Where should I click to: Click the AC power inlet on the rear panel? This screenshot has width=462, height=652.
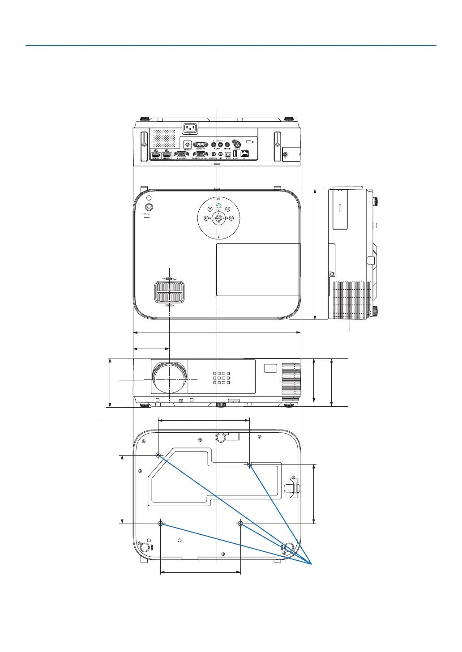pos(189,129)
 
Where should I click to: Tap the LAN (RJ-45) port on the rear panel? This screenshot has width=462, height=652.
pos(245,153)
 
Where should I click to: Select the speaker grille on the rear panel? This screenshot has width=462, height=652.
pos(164,138)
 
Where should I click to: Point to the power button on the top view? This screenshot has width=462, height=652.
pos(149,207)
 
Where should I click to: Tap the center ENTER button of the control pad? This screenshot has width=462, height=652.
pos(218,218)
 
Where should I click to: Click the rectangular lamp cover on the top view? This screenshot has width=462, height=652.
pos(258,269)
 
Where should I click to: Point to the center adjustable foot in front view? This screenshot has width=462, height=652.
pos(221,405)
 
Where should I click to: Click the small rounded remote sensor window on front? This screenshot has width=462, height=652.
pos(271,368)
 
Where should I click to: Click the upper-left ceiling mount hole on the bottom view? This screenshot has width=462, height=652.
pos(158,455)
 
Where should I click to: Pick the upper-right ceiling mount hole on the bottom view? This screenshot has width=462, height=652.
pos(250,464)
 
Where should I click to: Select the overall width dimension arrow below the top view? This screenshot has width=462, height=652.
pos(217,332)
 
